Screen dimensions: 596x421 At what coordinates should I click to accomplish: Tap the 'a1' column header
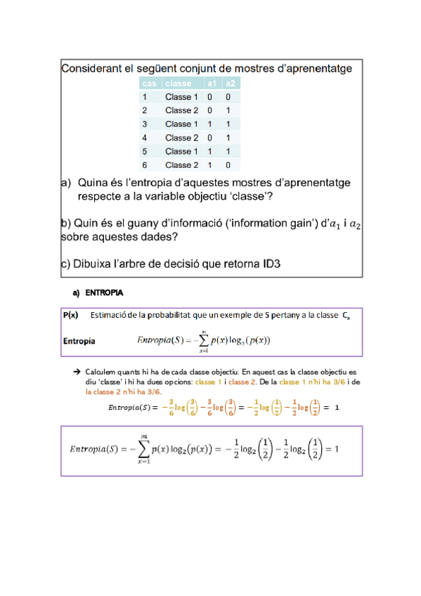[210, 84]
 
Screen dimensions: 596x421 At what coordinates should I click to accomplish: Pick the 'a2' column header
[228, 84]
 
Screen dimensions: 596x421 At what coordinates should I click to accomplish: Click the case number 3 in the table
[145, 124]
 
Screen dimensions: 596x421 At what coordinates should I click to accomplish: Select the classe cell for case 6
[182, 165]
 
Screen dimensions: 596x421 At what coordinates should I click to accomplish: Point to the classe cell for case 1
[182, 97]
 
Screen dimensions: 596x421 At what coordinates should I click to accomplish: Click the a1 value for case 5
[209, 151]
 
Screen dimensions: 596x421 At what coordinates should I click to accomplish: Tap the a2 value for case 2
[228, 110]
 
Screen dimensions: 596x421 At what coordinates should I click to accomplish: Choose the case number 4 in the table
[145, 138]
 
